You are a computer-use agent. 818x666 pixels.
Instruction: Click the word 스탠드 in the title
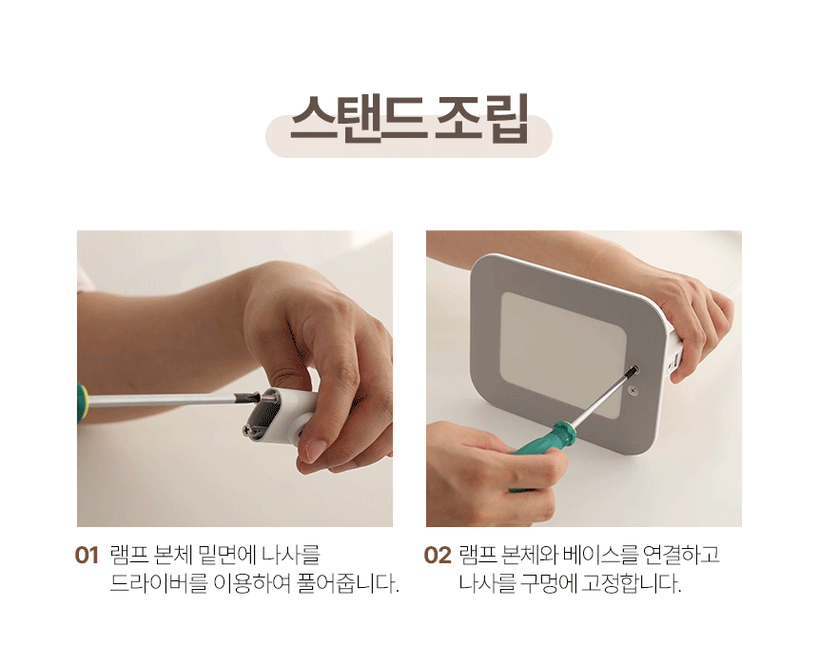coord(356,119)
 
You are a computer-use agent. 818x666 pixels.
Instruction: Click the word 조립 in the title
coord(482,119)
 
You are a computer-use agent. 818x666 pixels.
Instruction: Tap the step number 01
coord(87,556)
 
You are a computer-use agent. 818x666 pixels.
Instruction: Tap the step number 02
coord(438,556)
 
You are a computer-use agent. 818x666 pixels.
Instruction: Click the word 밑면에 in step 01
coord(228,555)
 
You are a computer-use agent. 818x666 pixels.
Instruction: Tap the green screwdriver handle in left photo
coord(82,402)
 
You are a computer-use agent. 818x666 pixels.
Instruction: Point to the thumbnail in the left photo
coord(314,450)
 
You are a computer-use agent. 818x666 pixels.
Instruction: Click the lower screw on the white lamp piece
coord(250,430)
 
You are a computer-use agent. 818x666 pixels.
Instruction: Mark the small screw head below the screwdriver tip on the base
coord(633,389)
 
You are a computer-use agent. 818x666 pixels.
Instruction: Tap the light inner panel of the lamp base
coord(563,354)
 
